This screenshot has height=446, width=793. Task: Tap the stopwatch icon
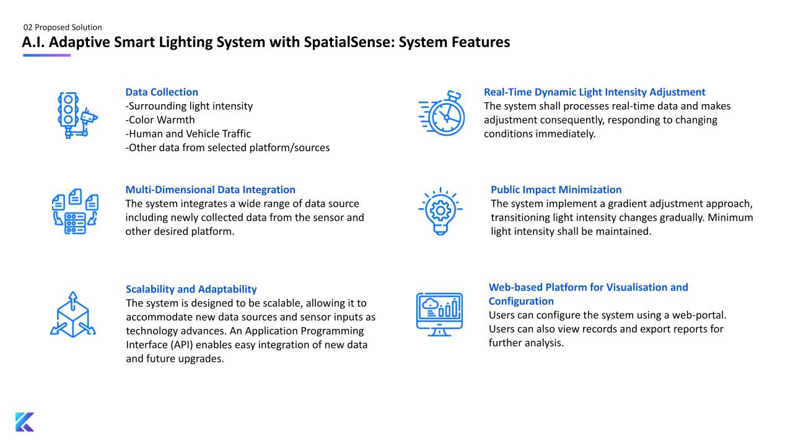tap(442, 114)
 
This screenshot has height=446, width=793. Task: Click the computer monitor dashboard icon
tap(439, 314)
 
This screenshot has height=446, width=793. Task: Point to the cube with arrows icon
tap(72, 315)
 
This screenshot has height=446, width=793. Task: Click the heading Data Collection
tap(162, 92)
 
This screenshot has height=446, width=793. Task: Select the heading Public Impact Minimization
tap(556, 190)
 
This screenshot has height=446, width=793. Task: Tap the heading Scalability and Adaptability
tap(191, 289)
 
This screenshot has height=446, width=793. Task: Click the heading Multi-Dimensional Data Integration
tap(210, 190)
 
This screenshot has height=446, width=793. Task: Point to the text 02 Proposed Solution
tap(63, 27)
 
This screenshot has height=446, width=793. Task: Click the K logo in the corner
tap(25, 421)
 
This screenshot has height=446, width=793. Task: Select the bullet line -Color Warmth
tap(160, 120)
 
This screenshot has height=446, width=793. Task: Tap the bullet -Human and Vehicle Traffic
tap(188, 134)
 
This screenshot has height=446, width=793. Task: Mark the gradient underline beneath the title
tap(46, 55)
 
